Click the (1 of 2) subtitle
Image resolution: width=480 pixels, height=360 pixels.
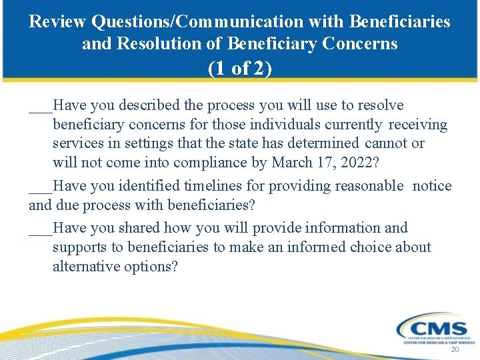click(x=239, y=69)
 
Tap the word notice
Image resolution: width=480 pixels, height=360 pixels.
click(x=432, y=186)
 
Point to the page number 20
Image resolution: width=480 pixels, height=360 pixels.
click(x=455, y=350)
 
